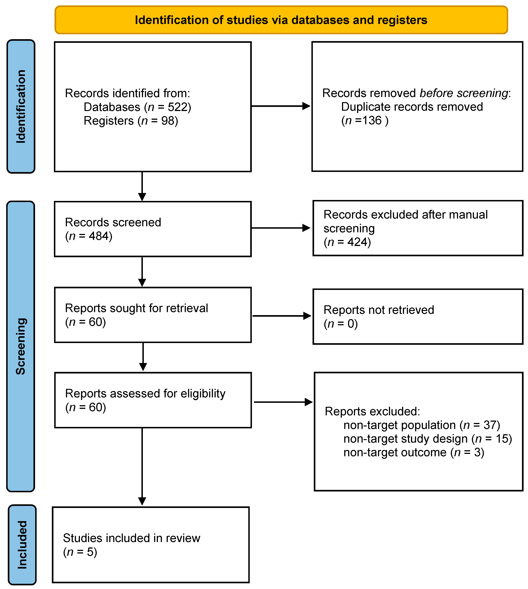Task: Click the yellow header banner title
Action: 281,20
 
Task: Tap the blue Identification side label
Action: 21,106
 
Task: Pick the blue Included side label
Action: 22,545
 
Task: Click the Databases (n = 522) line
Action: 137,107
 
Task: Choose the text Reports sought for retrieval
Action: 136,308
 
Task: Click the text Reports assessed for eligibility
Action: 145,393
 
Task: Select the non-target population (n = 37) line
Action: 422,425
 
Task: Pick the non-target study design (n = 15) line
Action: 427,439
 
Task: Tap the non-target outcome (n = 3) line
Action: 414,452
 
